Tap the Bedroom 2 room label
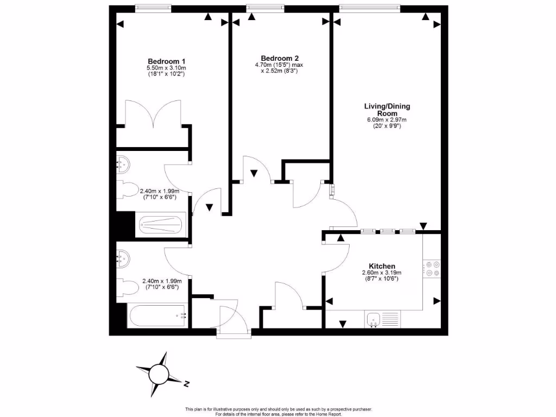[280, 58]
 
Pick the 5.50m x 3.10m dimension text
[167, 68]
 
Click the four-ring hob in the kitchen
[433, 268]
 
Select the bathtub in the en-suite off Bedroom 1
[160, 224]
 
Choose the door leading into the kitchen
[337, 257]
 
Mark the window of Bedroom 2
[264, 8]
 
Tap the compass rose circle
[160, 374]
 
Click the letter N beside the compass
[186, 384]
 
